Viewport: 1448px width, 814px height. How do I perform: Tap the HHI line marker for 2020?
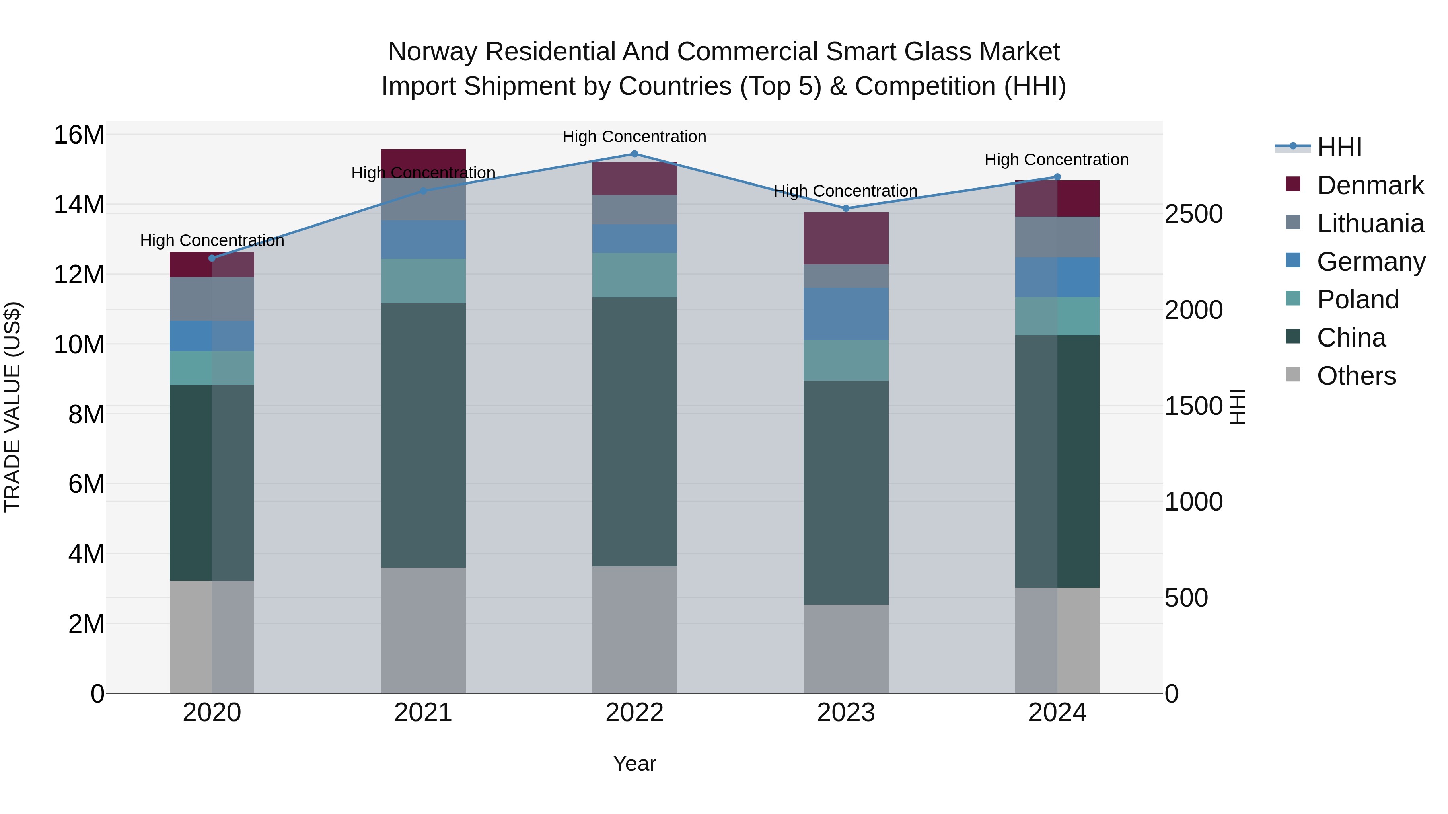pyautogui.click(x=212, y=258)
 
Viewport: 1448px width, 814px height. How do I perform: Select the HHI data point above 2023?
pyautogui.click(x=845, y=208)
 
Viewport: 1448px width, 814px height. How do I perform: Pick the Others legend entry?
pyautogui.click(x=1356, y=376)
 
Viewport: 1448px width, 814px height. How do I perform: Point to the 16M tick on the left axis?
pyautogui.click(x=79, y=135)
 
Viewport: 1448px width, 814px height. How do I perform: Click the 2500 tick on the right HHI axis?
pyautogui.click(x=1193, y=214)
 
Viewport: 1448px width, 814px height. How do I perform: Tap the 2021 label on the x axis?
pyautogui.click(x=423, y=713)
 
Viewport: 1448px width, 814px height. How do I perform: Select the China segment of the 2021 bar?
pyautogui.click(x=423, y=435)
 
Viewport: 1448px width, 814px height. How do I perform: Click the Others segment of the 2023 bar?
pyautogui.click(x=845, y=649)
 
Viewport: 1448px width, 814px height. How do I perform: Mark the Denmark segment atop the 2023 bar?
pyautogui.click(x=845, y=238)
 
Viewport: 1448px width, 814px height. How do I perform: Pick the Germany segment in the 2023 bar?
pyautogui.click(x=845, y=314)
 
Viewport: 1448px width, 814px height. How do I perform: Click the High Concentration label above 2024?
pyautogui.click(x=1056, y=160)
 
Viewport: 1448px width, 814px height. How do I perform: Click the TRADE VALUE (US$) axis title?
pyautogui.click(x=12, y=407)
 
